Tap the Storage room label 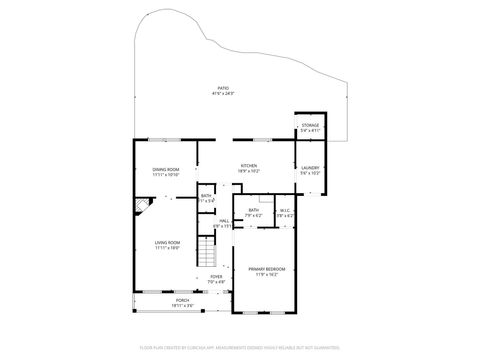point(310,125)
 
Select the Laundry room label point(310,167)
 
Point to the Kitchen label point(249,165)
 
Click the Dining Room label point(166,169)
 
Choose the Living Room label point(166,242)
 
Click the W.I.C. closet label point(285,210)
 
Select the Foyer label point(216,276)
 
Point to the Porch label point(183,300)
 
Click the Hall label point(224,221)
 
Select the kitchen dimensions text point(249,171)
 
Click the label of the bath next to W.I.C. point(254,210)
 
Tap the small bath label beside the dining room point(205,196)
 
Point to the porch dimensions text point(183,305)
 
